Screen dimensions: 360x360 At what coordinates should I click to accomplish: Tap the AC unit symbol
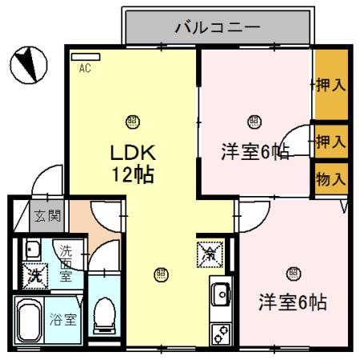pos(86,58)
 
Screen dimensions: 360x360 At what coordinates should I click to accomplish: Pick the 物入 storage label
pos(330,178)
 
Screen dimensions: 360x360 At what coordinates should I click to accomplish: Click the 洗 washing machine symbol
pos(34,274)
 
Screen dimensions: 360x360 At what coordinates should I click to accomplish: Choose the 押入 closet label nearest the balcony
pos(330,85)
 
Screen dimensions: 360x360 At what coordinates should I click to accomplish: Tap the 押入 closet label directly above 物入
pos(330,142)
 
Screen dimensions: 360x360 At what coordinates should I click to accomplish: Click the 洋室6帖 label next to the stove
pos(292,303)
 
